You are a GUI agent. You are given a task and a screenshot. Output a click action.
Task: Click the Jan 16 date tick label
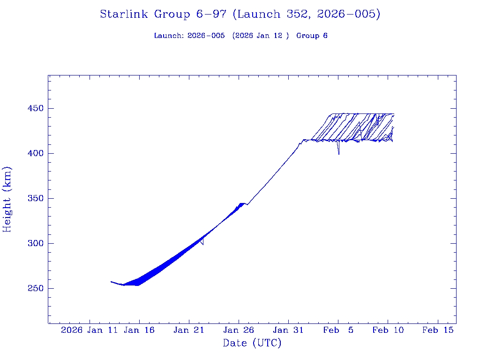tap(139, 330)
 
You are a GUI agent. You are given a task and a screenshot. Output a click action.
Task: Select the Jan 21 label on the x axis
tap(189, 330)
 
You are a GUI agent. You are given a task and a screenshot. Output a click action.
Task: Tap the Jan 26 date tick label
tap(239, 330)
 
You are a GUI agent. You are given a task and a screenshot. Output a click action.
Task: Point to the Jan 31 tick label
tap(288, 330)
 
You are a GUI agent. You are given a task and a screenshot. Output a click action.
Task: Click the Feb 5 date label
tap(338, 330)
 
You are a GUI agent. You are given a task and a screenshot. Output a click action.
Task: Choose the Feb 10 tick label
tap(388, 330)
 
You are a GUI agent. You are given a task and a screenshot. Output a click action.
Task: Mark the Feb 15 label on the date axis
tap(438, 330)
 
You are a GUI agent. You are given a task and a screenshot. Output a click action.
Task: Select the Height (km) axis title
tap(7, 199)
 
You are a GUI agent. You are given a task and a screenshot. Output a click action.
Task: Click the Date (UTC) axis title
tap(252, 343)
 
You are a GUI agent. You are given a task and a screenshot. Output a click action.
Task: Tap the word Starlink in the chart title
tap(124, 14)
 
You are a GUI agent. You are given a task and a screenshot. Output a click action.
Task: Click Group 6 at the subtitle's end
tap(312, 36)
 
